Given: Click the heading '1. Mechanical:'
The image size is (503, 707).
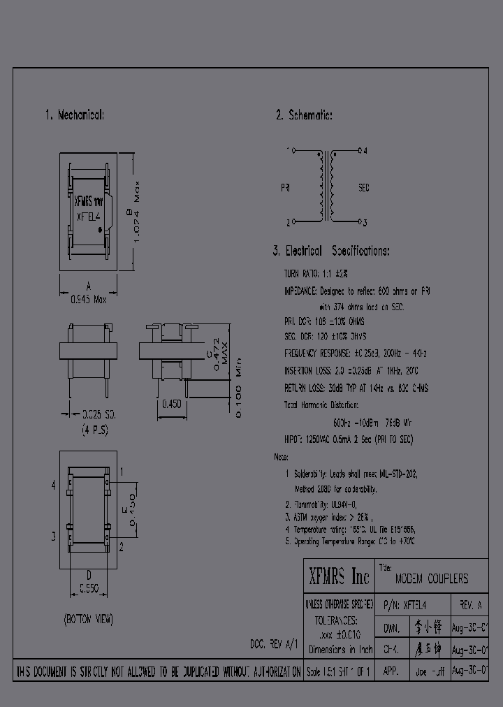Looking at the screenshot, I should [x=75, y=115].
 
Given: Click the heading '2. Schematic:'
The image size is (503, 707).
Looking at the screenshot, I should [x=303, y=115].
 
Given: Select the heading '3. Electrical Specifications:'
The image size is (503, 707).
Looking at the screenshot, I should [x=331, y=251].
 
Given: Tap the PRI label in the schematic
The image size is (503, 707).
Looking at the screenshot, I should [x=285, y=188].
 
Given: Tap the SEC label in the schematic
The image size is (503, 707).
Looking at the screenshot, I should [x=363, y=188].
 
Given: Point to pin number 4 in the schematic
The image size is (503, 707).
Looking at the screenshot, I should [x=365, y=150].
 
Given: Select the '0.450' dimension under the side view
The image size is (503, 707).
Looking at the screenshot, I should [x=173, y=404].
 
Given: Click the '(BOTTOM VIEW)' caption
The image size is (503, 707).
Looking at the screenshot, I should [x=88, y=620].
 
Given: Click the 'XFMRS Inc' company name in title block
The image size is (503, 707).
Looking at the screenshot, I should [x=339, y=576].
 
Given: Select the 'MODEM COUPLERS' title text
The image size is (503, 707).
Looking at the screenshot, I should [x=432, y=579].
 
